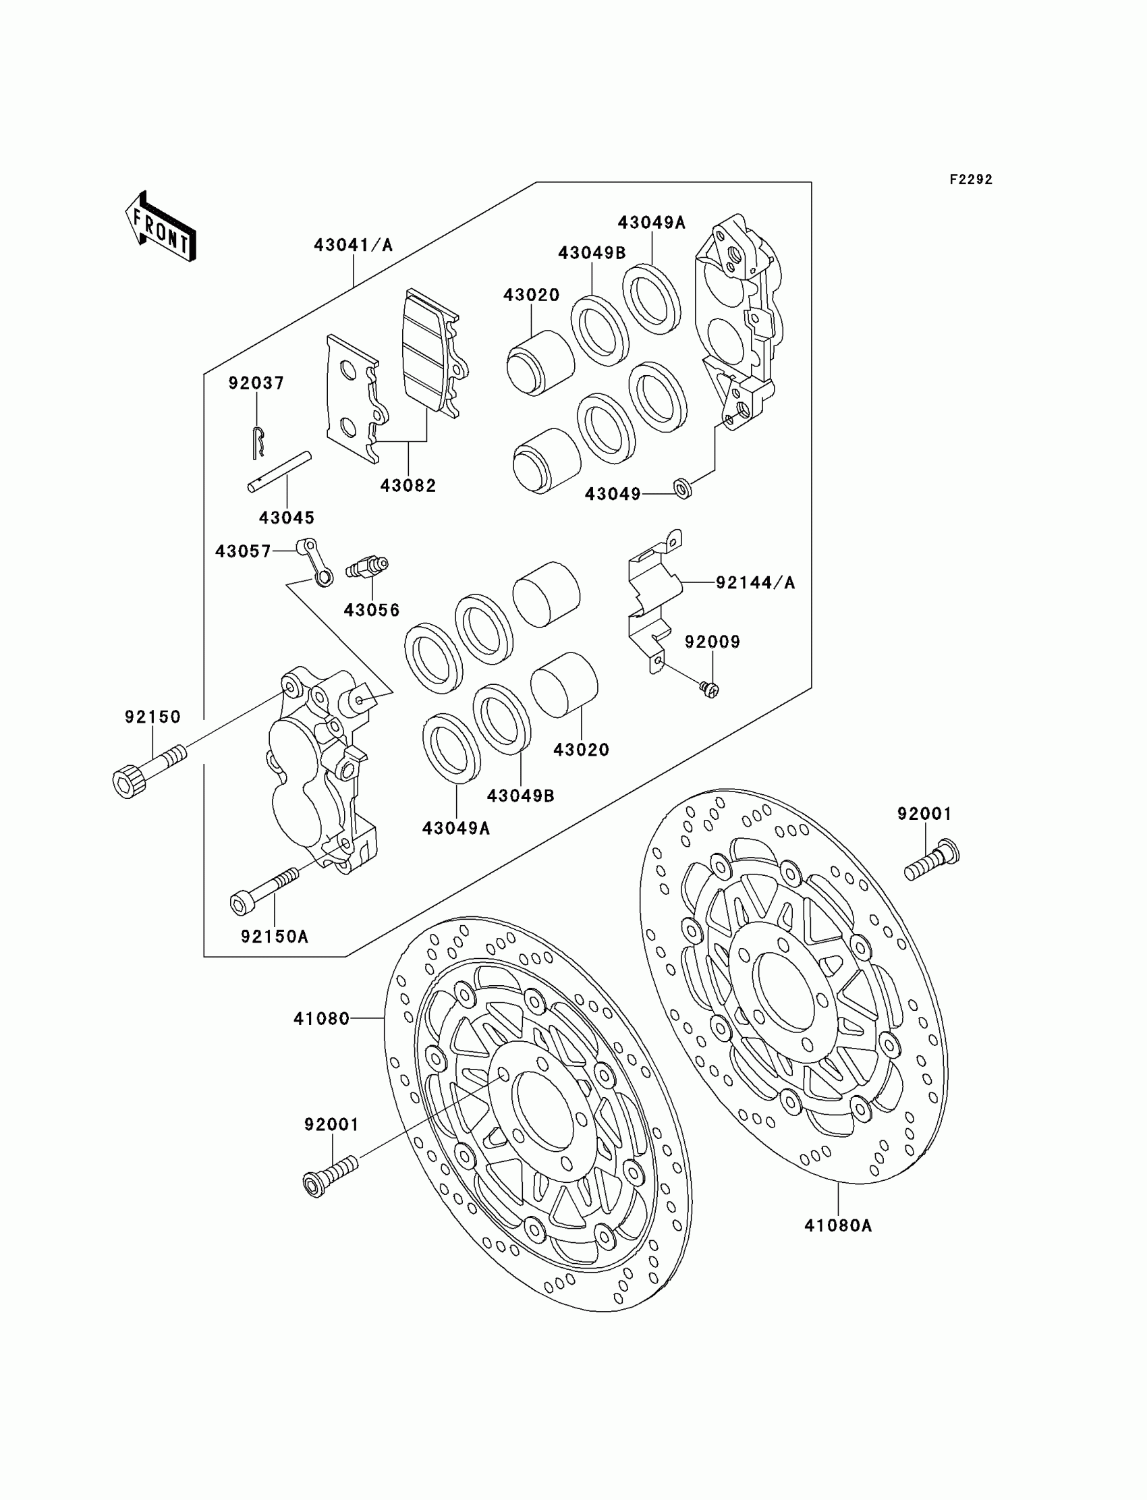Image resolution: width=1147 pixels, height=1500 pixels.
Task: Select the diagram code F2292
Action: tap(970, 179)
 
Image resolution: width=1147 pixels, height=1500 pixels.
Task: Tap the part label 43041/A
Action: tap(353, 245)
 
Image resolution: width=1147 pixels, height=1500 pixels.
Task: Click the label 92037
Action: tap(256, 383)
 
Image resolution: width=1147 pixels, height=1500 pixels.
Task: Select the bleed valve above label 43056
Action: tap(368, 566)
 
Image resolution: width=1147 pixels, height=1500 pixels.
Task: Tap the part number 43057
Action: tap(243, 551)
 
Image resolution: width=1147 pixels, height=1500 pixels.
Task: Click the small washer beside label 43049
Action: tap(681, 488)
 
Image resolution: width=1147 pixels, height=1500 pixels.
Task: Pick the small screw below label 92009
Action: tap(710, 690)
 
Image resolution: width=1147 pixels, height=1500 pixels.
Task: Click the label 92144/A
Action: tap(755, 582)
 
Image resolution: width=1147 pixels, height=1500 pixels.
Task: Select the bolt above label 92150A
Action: tap(265, 891)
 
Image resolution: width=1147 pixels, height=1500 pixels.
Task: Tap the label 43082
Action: tap(408, 485)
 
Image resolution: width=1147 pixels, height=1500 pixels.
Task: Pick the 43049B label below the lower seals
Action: tap(520, 796)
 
